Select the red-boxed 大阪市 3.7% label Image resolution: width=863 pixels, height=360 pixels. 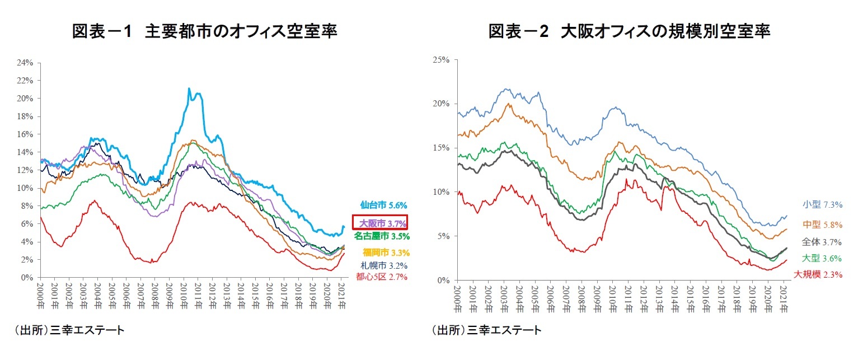click(379, 222)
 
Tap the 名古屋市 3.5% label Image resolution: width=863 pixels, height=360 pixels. click(382, 236)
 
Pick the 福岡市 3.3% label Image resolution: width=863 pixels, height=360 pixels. click(386, 253)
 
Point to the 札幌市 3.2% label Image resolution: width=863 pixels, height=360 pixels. click(384, 265)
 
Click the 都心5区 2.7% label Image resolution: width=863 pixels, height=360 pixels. click(382, 277)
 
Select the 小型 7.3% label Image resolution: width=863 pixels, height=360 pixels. click(822, 204)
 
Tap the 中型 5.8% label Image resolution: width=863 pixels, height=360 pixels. click(822, 225)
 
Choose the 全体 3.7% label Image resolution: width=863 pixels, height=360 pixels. click(822, 242)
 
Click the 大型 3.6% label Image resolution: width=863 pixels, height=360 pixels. click(822, 258)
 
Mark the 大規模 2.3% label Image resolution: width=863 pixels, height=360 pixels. click(818, 274)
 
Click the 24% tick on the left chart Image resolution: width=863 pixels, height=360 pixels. click(26, 63)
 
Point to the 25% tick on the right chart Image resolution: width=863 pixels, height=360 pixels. click(442, 59)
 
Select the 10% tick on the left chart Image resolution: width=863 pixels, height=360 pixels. click(26, 188)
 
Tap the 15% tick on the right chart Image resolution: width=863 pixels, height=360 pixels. click(442, 148)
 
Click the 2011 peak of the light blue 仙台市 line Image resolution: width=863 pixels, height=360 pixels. click(189, 88)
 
